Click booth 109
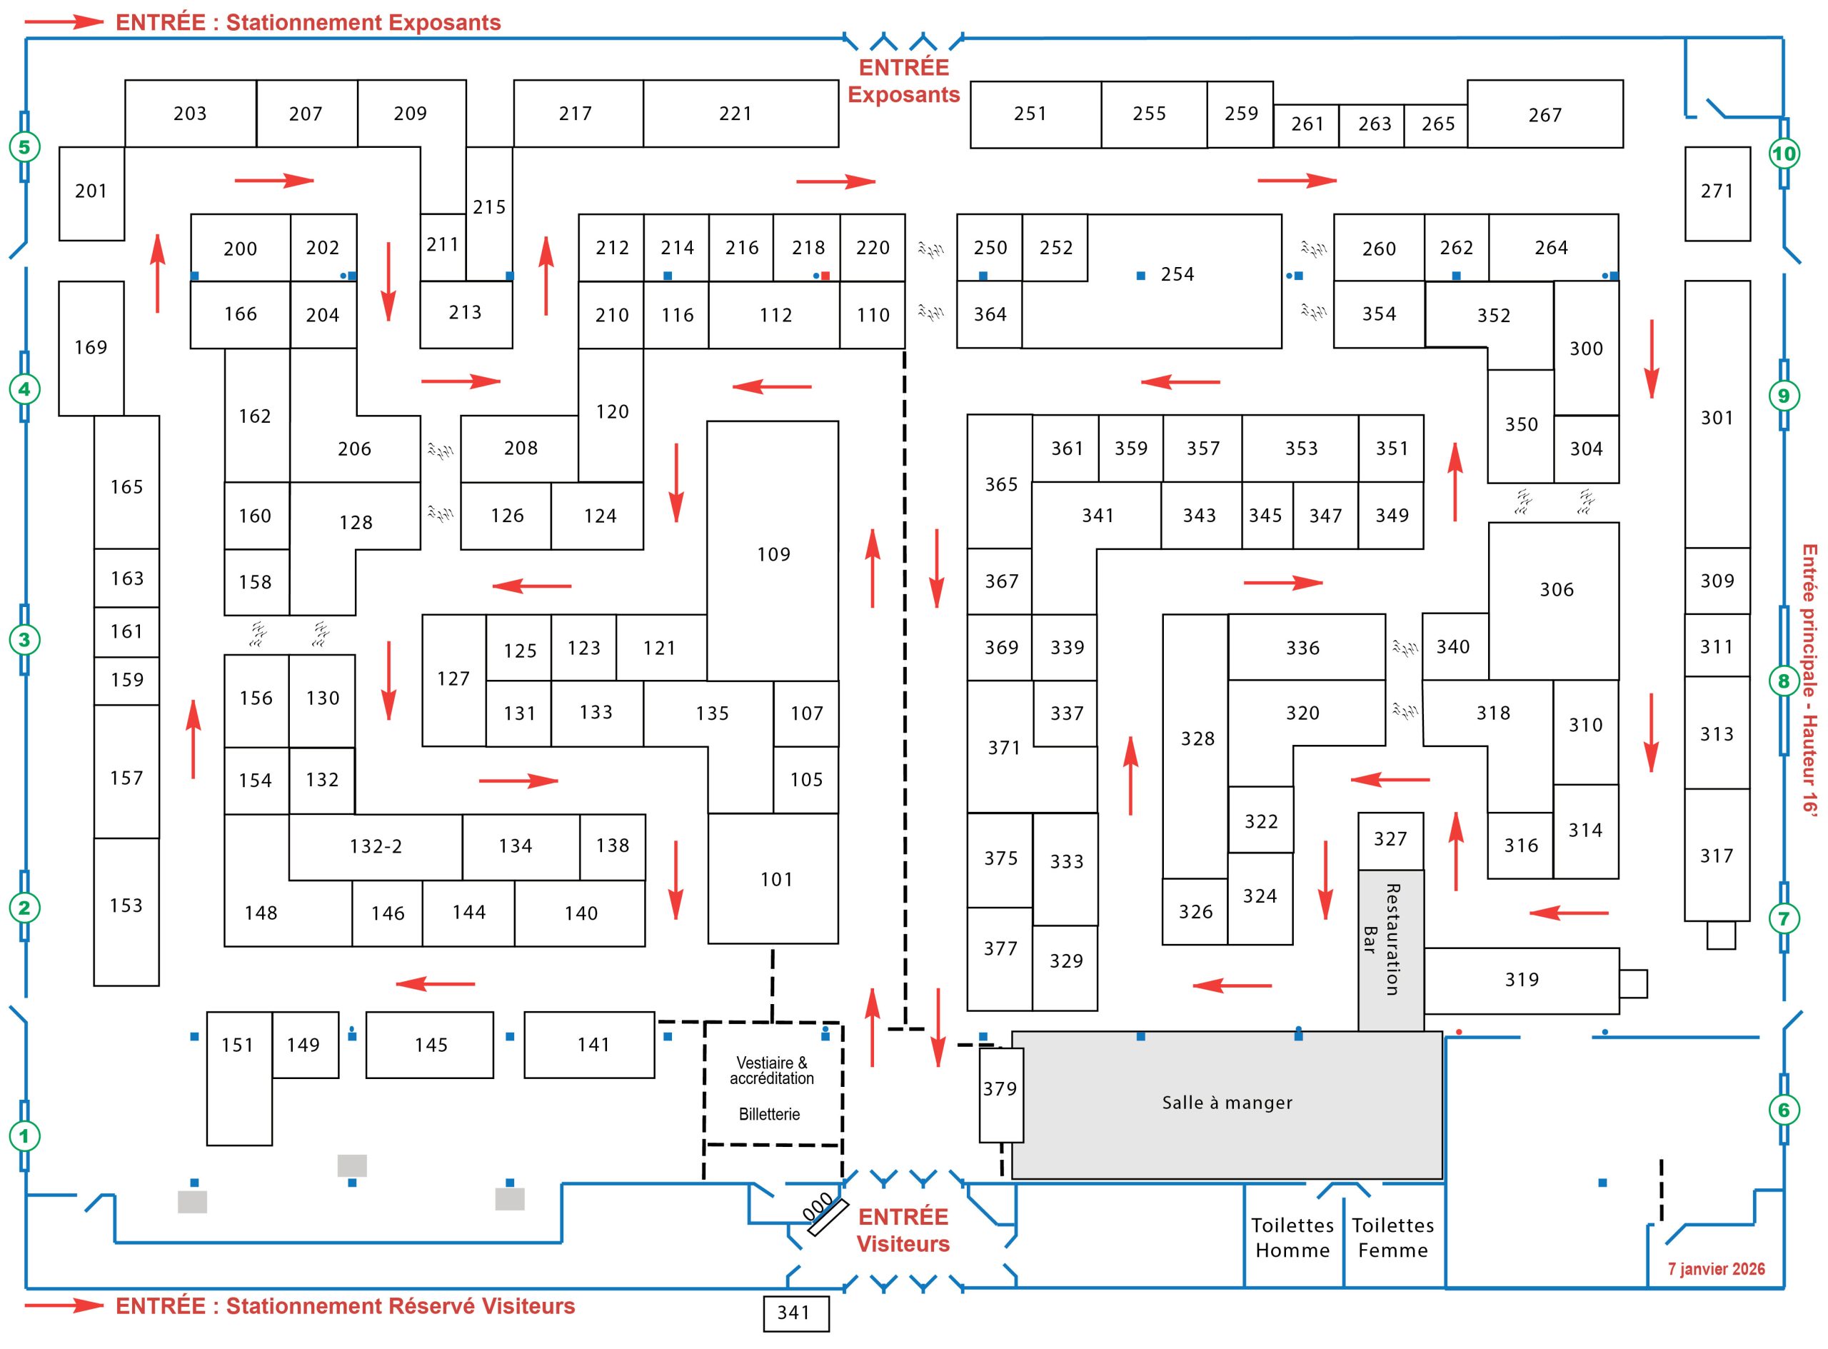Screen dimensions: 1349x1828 coord(773,553)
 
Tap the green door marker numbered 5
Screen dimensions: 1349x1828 coord(24,147)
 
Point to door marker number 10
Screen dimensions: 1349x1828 coord(1783,154)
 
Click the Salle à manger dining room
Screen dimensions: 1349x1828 coord(1226,1103)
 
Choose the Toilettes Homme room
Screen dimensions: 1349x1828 coord(1292,1237)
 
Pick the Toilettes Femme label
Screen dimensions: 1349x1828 coord(1393,1237)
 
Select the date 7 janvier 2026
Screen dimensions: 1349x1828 coord(1715,1269)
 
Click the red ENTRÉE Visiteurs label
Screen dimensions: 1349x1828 coord(903,1230)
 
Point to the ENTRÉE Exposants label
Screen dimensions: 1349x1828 coord(903,81)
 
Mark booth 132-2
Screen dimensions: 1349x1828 coord(376,847)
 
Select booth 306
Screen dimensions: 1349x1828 coord(1555,590)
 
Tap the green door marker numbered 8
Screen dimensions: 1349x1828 coord(1783,681)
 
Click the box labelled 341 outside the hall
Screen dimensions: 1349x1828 coord(795,1313)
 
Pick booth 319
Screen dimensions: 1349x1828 coord(1521,980)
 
